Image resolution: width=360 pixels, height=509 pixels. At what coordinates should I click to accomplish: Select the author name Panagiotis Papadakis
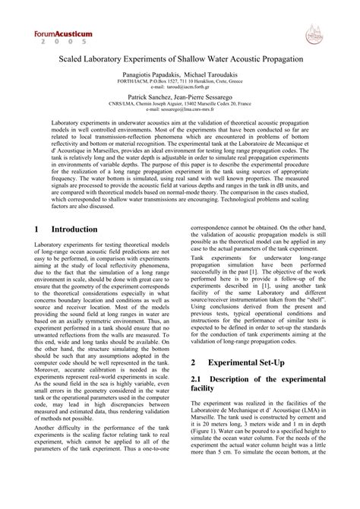coord(150,76)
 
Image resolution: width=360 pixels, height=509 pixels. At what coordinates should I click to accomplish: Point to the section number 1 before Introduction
coord(38,229)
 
